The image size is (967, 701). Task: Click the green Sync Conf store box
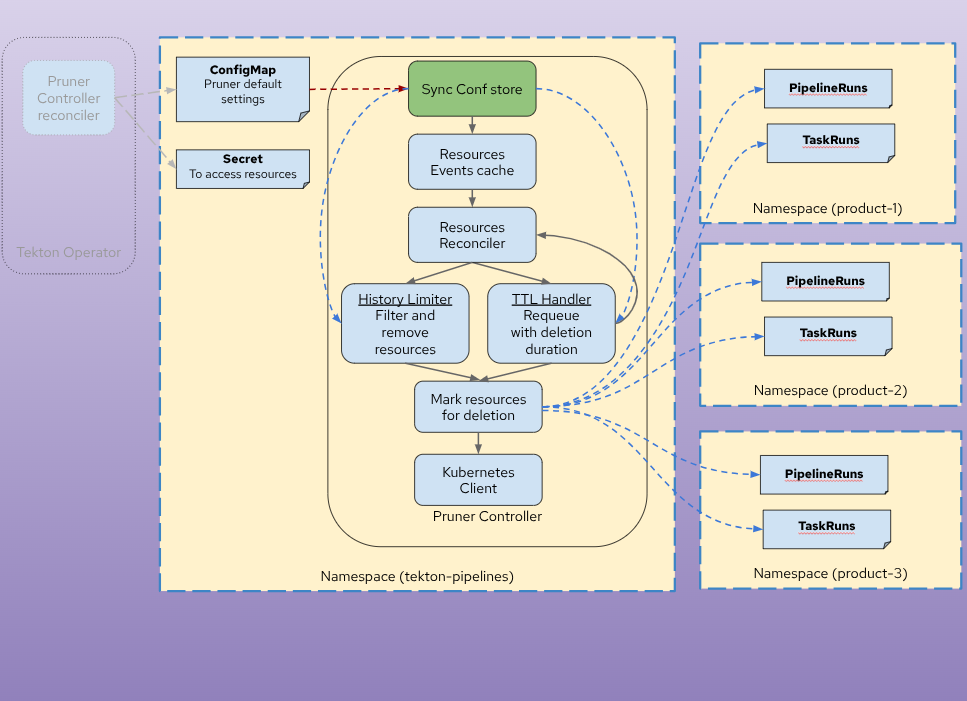[472, 89]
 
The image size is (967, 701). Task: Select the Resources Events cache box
[472, 162]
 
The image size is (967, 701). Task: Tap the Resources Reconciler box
[472, 235]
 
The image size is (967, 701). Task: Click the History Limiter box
[405, 323]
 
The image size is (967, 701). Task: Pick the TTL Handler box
[551, 323]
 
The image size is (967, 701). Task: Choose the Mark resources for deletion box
[478, 407]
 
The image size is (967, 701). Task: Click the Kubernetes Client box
[478, 480]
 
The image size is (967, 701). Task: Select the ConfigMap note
[242, 89]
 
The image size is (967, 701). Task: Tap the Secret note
[242, 167]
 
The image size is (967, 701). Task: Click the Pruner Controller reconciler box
[69, 98]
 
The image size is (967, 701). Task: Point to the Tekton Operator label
[68, 252]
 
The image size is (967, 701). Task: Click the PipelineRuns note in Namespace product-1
[827, 88]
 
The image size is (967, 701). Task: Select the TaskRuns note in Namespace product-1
[830, 141]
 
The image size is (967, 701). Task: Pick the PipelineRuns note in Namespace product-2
[825, 281]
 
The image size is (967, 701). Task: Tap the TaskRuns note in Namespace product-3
[826, 527]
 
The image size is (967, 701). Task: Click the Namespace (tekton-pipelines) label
[417, 576]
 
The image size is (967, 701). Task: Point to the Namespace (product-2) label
[830, 390]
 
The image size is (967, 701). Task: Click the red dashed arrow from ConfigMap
[358, 89]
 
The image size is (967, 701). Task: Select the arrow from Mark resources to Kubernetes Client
[478, 443]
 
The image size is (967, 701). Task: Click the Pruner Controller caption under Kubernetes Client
[487, 516]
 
